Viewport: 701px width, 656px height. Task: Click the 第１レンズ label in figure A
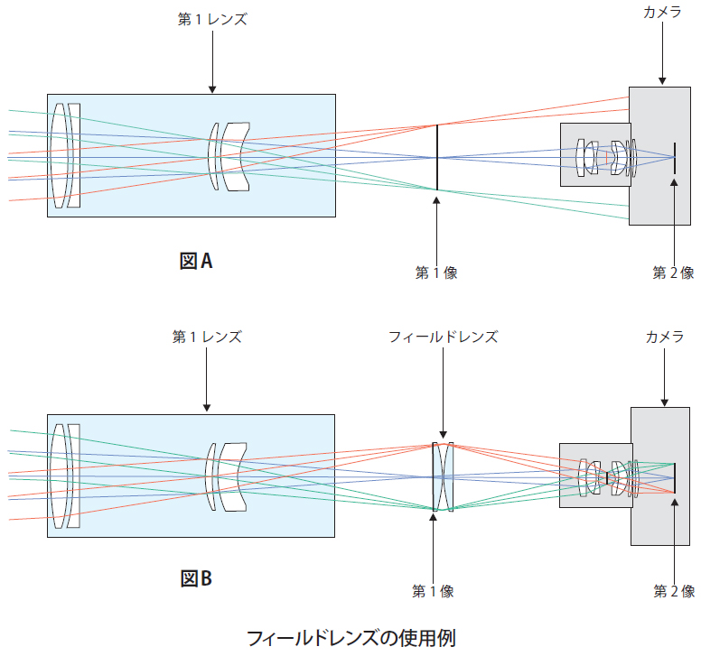tap(212, 18)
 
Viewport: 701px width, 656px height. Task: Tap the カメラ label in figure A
tap(662, 12)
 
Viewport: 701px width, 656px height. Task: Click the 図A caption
tap(196, 262)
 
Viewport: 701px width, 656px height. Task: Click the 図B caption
tap(196, 577)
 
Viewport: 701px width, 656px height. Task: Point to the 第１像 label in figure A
tap(436, 273)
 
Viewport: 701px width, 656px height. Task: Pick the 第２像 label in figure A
tap(674, 273)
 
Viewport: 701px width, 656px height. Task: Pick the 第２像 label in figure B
tap(674, 592)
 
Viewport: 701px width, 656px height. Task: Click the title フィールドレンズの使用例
tap(351, 637)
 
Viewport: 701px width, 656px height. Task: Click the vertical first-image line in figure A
tap(436, 158)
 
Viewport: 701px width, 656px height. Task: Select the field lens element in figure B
tap(442, 476)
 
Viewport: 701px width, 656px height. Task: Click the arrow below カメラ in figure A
tap(662, 54)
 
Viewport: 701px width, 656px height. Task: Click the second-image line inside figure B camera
tap(674, 477)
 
